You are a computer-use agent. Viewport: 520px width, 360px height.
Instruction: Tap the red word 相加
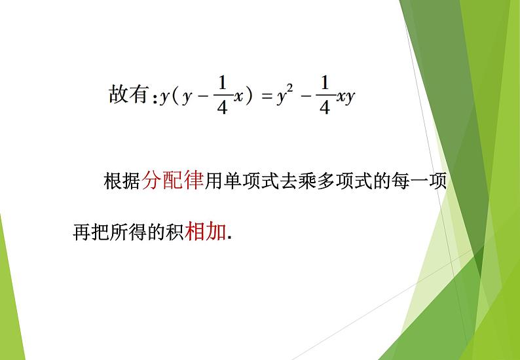click(x=206, y=232)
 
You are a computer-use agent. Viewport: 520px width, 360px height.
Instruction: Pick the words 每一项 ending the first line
click(x=419, y=181)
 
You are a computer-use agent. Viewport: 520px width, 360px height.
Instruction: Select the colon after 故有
click(x=155, y=99)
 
